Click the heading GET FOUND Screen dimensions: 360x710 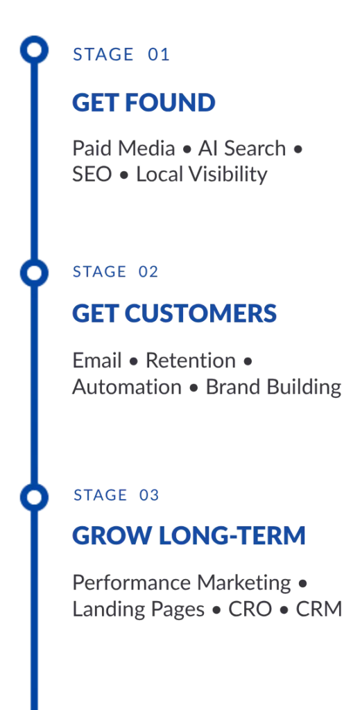click(x=144, y=103)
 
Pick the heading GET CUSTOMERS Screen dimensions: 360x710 click(x=174, y=313)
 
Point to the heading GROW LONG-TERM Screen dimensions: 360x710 click(x=189, y=536)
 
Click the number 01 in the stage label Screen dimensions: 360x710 click(x=158, y=55)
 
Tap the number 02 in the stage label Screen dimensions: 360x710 click(x=148, y=272)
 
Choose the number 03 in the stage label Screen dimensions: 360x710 click(x=149, y=495)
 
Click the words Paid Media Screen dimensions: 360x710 click(x=123, y=148)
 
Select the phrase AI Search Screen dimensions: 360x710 click(x=242, y=148)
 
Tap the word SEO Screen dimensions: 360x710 click(x=92, y=175)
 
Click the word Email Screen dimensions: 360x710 click(x=97, y=361)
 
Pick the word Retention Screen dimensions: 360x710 click(x=191, y=361)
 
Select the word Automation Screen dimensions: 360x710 click(x=127, y=388)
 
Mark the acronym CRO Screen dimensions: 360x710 click(x=250, y=609)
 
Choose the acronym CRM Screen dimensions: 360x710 click(x=319, y=609)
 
